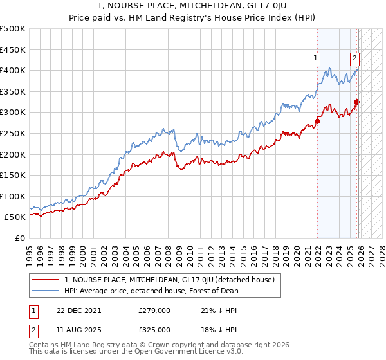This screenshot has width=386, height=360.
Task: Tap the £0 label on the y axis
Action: [19, 238]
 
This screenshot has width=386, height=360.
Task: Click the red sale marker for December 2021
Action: [317, 121]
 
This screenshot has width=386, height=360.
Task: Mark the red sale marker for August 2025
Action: [356, 102]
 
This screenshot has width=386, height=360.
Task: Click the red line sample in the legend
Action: [46, 280]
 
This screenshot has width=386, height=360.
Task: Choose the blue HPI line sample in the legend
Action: [46, 291]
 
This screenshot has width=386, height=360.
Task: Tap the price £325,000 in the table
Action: [154, 329]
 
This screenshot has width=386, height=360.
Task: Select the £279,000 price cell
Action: [154, 310]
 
